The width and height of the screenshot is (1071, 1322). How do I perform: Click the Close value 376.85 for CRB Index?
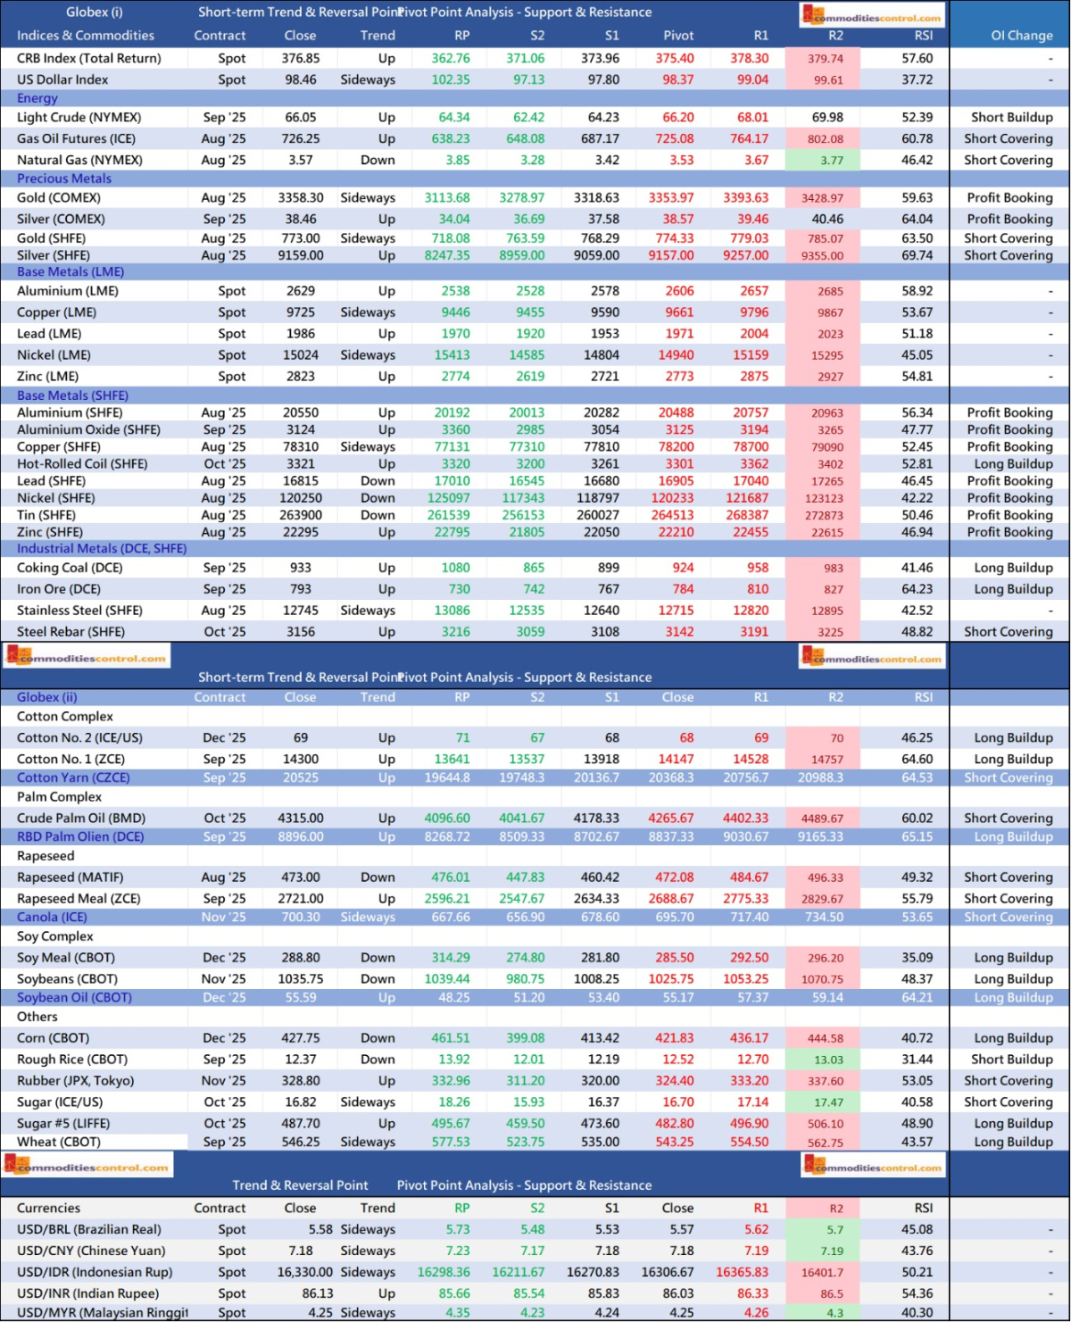click(301, 58)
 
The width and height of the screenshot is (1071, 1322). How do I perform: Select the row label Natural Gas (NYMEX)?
click(79, 160)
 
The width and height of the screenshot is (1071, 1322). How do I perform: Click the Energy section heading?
click(37, 98)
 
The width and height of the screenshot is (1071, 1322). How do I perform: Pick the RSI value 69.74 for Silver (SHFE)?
click(917, 255)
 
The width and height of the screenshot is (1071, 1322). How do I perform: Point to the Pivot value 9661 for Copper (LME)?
click(678, 312)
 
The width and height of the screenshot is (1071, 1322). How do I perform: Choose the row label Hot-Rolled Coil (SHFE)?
click(82, 464)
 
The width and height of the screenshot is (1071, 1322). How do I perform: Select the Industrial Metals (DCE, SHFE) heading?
click(102, 549)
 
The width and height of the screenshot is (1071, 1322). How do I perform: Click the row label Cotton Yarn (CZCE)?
click(73, 777)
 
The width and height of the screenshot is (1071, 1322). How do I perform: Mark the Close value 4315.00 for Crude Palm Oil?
click(301, 818)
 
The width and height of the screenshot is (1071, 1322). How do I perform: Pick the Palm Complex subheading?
click(59, 797)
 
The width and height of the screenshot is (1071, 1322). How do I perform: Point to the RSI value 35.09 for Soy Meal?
click(917, 958)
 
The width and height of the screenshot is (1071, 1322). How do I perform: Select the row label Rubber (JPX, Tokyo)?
click(75, 1081)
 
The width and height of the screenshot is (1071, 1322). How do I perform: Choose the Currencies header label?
click(48, 1209)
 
